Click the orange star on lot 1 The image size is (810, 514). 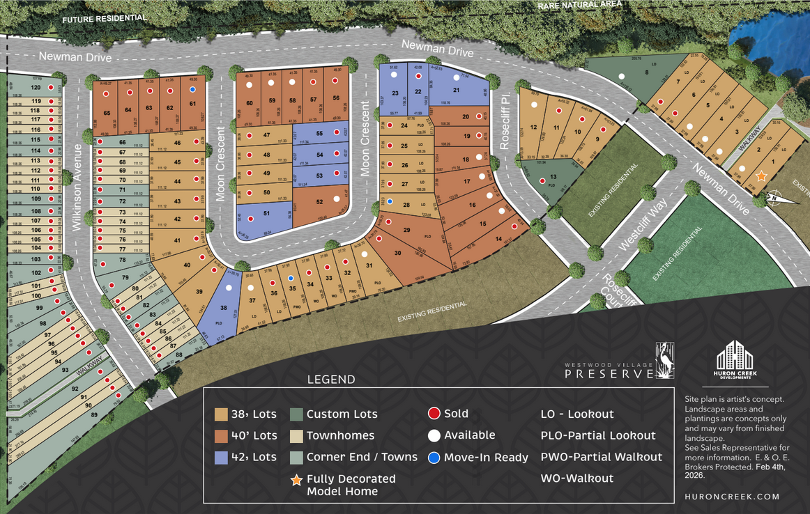pos(762,177)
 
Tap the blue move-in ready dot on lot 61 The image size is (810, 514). pos(192,89)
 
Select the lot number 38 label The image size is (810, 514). pos(224,307)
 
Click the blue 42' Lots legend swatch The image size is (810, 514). pos(221,458)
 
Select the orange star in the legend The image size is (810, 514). pos(296,480)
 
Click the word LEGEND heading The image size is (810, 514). pos(331,380)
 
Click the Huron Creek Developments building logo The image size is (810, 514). pos(735,357)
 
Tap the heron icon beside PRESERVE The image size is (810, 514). pos(665,359)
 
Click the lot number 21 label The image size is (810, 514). pos(457,91)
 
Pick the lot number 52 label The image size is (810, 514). pos(319,202)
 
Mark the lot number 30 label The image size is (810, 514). pos(397,254)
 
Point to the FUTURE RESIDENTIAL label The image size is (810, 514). pos(105,18)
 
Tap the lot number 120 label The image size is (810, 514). pos(37,88)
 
